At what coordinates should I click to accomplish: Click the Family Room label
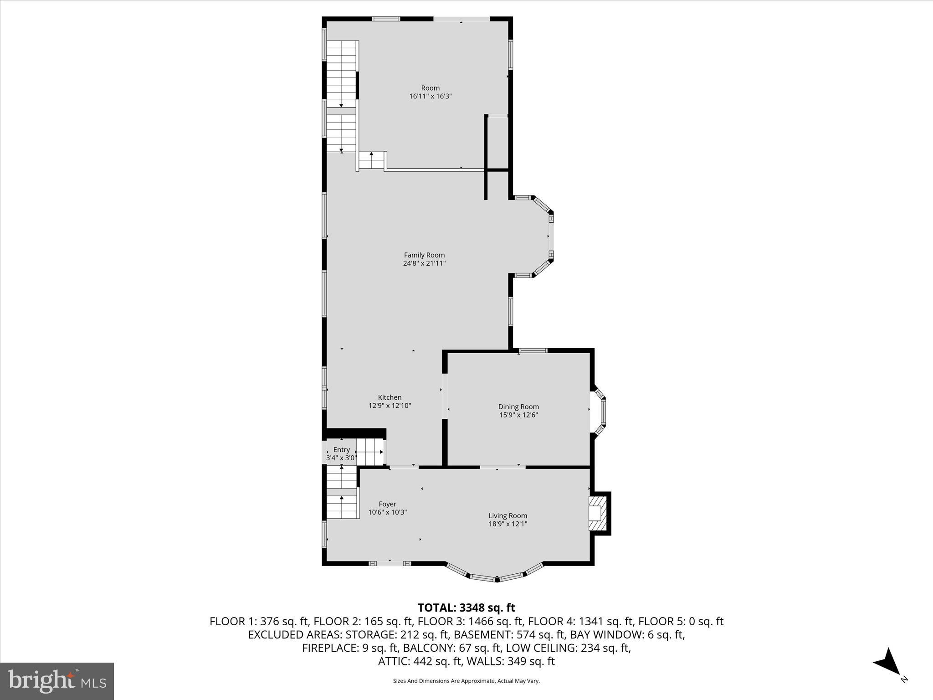424,255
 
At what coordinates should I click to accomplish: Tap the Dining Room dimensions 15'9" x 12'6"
518,415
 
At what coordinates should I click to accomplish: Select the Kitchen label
390,397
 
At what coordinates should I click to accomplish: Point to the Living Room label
508,516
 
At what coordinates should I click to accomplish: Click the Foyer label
387,504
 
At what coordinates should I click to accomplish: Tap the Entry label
341,450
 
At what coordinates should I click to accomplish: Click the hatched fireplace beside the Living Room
598,514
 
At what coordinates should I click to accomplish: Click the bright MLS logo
57,681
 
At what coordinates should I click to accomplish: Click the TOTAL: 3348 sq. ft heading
466,607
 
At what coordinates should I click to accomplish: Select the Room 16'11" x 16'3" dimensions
430,96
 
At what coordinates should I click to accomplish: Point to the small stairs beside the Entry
370,452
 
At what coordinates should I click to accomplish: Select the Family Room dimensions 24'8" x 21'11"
424,263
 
